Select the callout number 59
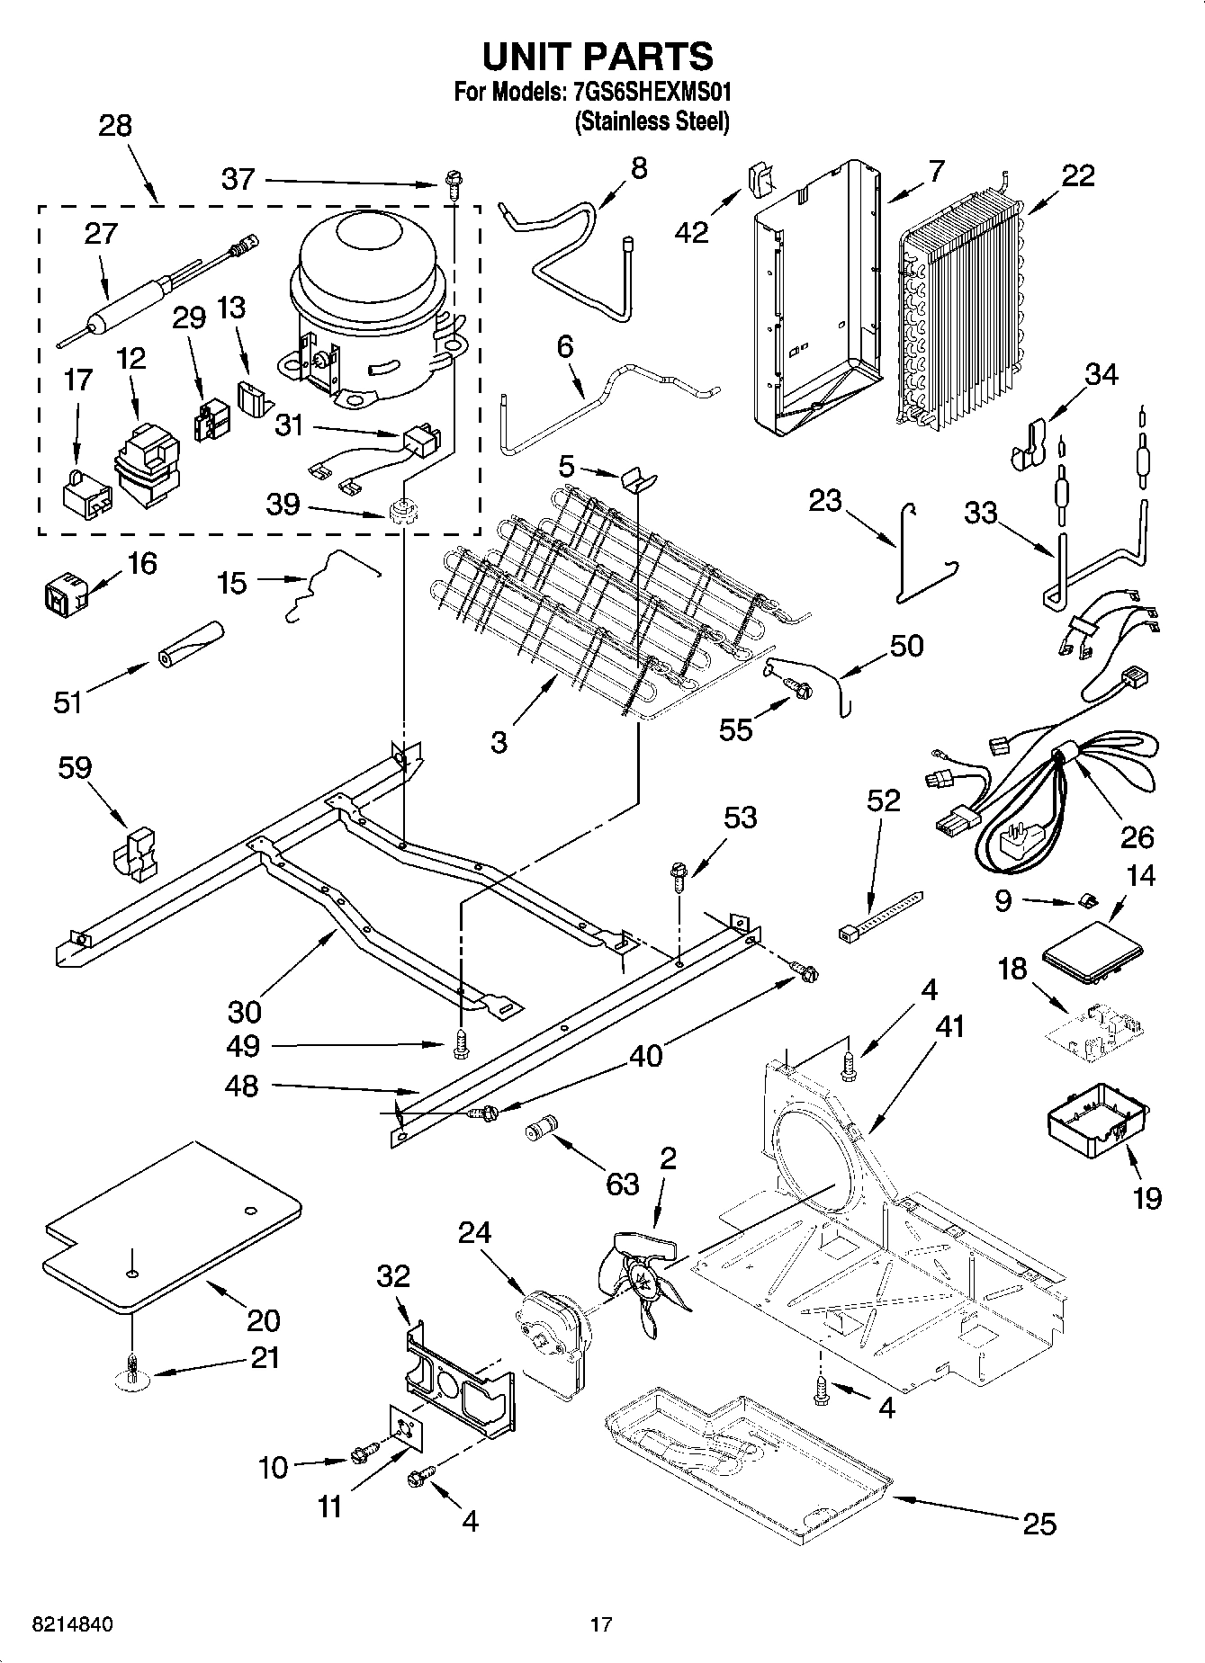(x=76, y=768)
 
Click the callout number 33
(x=981, y=513)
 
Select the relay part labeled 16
(x=62, y=593)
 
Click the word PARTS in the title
(x=650, y=56)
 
